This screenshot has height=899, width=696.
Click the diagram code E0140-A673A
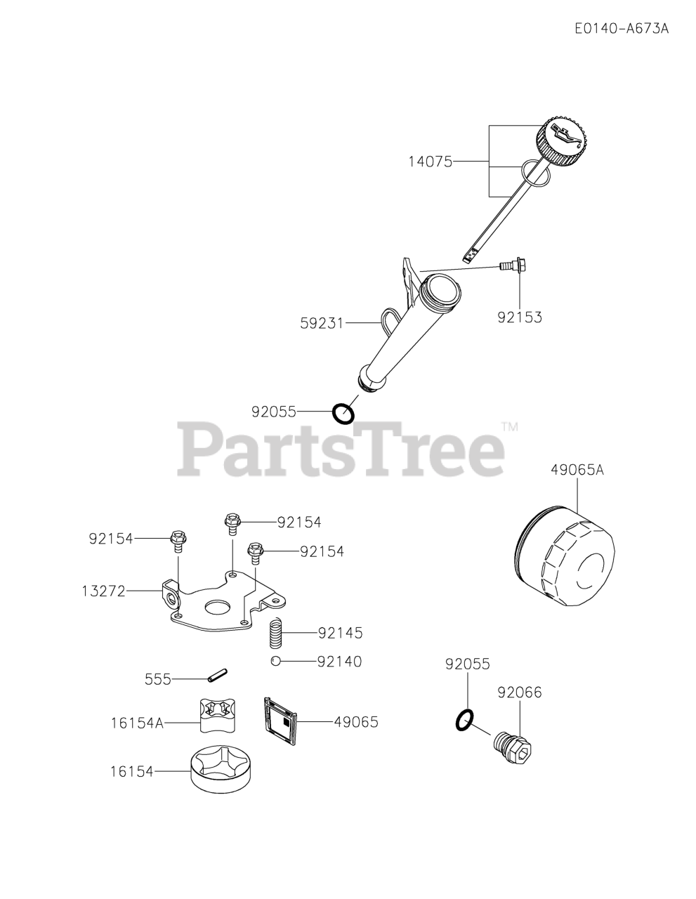tap(621, 29)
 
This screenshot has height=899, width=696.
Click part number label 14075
tap(431, 162)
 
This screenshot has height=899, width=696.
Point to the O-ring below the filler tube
tap(343, 413)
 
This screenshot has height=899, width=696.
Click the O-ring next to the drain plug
tap(464, 719)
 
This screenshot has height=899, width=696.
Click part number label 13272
tap(103, 591)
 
